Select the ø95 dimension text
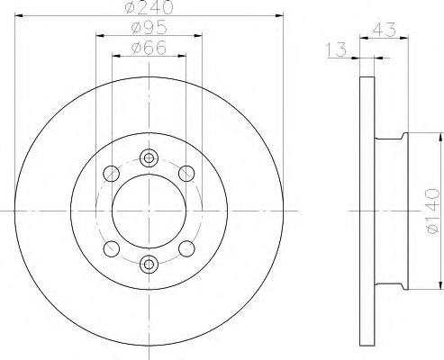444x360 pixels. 150,30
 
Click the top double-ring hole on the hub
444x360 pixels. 150,157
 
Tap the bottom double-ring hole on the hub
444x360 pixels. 150,263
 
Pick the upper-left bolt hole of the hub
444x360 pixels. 112,174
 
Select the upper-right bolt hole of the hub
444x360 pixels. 187,174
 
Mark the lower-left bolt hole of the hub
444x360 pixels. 112,247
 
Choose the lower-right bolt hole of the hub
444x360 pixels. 187,247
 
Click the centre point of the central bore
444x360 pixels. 150,211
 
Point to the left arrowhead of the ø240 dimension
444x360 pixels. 19,15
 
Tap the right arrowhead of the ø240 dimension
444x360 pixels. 280,15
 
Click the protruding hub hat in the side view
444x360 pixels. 388,211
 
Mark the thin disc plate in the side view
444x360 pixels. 365,211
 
